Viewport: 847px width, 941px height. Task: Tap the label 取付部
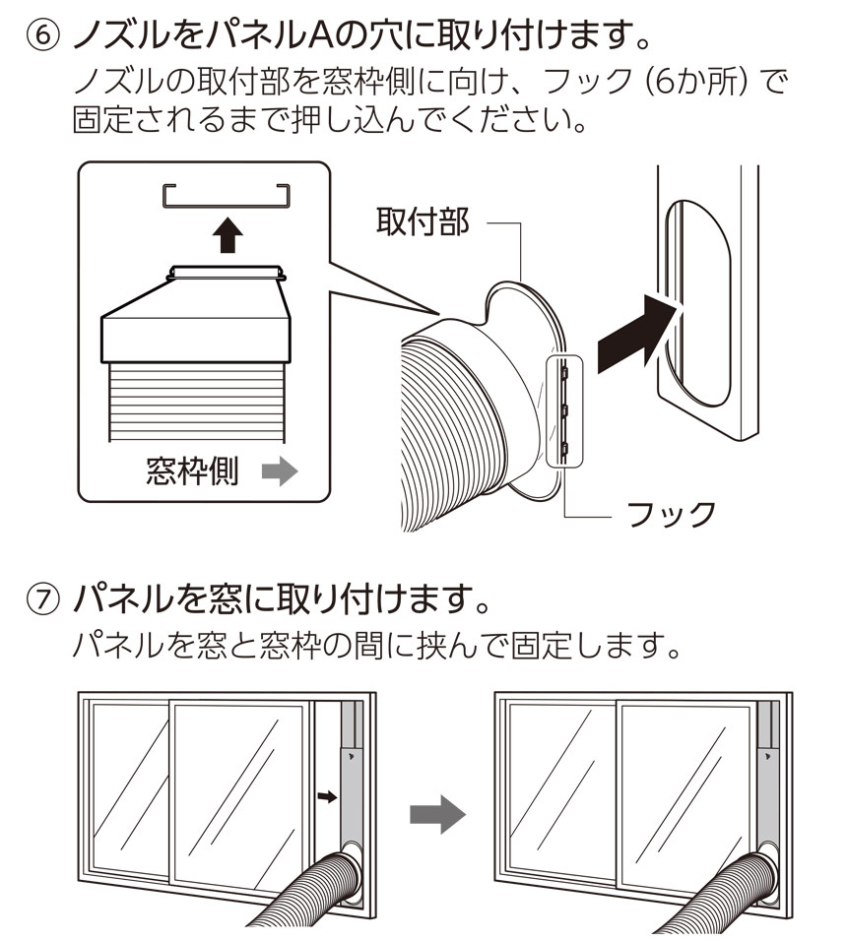tap(423, 222)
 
